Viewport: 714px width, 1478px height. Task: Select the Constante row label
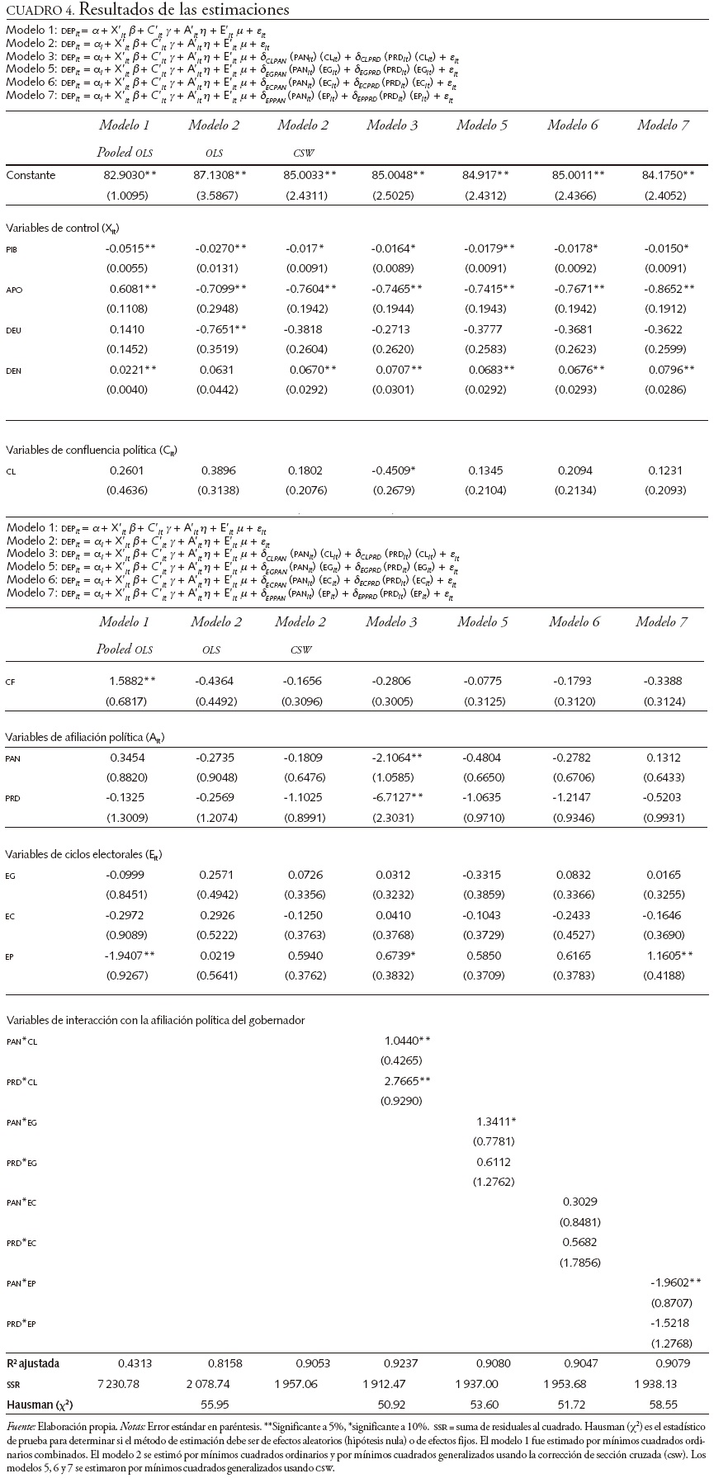31,175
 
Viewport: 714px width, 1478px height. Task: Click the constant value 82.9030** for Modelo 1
129,175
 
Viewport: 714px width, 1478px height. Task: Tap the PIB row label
11,248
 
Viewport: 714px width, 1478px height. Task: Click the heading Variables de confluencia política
91,450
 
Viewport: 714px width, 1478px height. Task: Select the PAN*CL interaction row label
21,1041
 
